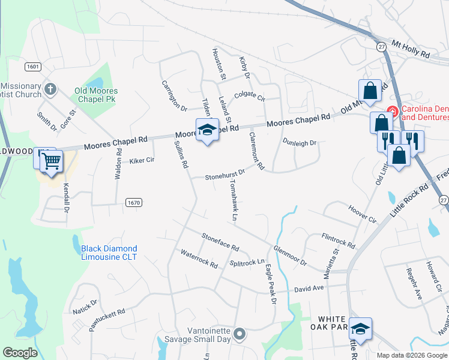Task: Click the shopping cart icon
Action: [x=52, y=160]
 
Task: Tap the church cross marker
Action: [x=50, y=89]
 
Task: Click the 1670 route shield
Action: [x=134, y=203]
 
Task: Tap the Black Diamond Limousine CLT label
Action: [x=109, y=253]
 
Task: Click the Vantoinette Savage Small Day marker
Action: [x=240, y=334]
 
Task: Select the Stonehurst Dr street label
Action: [x=225, y=175]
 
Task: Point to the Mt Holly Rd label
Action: [x=411, y=49]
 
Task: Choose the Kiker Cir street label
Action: [x=142, y=161]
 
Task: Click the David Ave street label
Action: [x=309, y=289]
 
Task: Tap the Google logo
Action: [x=20, y=353]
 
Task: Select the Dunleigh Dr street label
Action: [x=299, y=142]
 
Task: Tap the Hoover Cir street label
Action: [x=362, y=214]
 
